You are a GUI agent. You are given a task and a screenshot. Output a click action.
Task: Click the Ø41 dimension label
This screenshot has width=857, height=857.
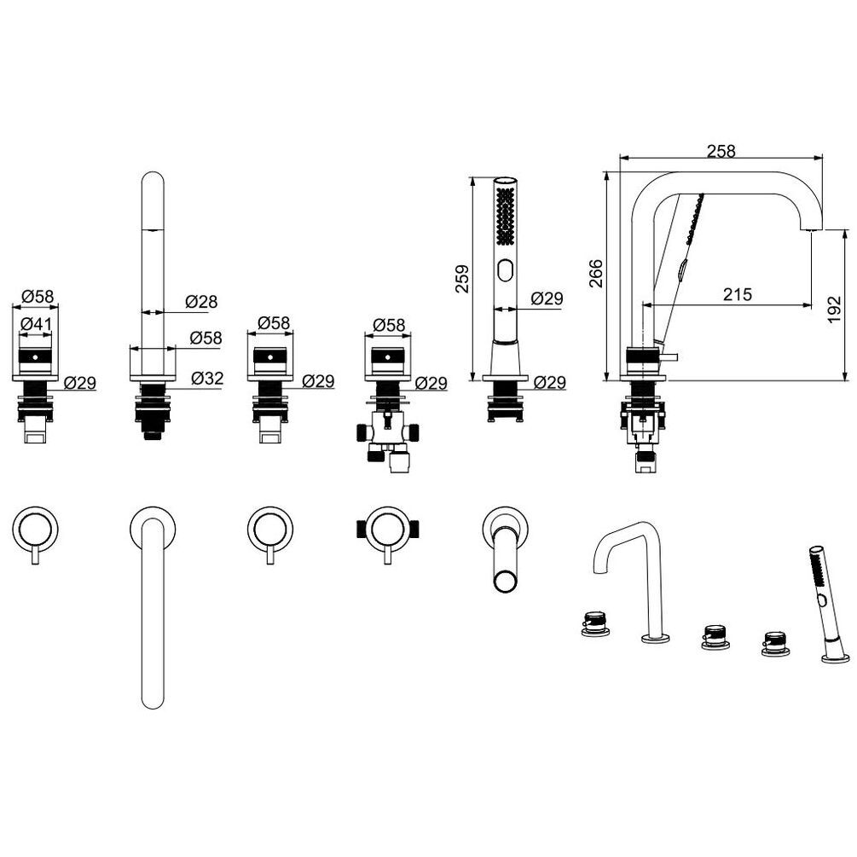(x=36, y=324)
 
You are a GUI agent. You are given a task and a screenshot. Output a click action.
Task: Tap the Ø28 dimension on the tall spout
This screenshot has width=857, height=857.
(x=201, y=301)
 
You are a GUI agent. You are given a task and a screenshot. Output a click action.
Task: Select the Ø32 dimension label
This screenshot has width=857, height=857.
(x=208, y=378)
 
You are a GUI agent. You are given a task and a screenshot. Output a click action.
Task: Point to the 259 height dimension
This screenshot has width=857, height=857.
(x=462, y=279)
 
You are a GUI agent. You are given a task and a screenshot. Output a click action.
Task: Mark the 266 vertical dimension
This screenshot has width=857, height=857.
(x=596, y=273)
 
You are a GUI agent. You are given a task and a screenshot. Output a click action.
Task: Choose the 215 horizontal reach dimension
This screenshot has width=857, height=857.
(x=738, y=294)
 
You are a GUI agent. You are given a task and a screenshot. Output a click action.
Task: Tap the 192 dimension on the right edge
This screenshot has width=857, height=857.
(x=834, y=310)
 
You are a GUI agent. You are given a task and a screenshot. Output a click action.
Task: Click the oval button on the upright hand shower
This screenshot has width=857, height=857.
(x=505, y=271)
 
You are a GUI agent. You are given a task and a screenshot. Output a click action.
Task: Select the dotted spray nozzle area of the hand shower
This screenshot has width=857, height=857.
(x=505, y=216)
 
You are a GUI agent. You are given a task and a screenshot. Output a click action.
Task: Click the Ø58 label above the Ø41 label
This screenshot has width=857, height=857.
(x=38, y=296)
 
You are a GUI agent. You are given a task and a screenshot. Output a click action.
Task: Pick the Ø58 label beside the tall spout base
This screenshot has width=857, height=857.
(x=206, y=338)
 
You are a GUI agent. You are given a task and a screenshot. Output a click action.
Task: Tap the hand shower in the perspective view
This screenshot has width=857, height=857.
(x=829, y=604)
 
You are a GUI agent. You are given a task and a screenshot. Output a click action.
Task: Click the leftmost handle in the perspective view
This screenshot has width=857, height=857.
(x=595, y=624)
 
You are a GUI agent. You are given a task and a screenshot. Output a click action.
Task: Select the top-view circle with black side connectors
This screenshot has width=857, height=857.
(x=387, y=530)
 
